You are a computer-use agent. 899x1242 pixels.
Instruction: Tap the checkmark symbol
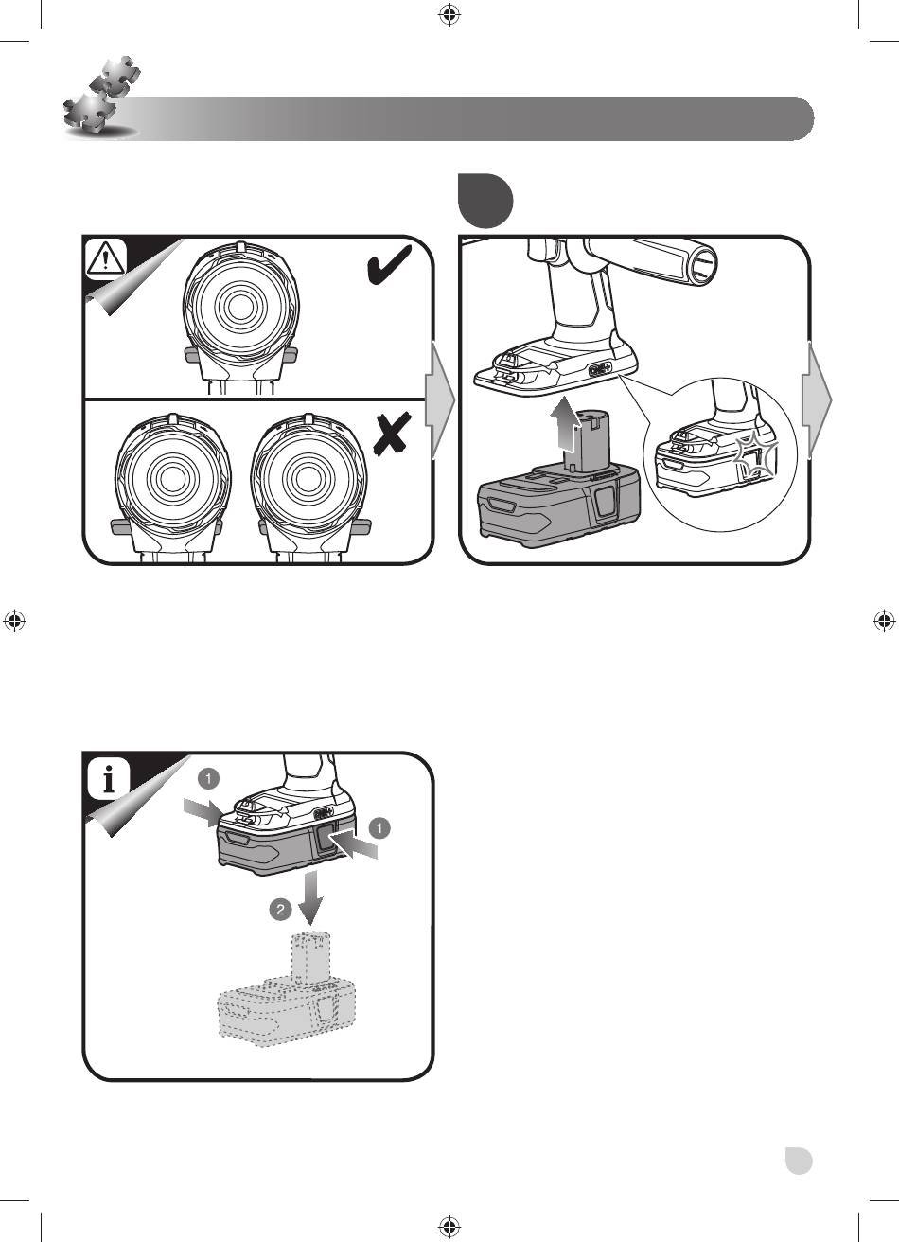pos(389,265)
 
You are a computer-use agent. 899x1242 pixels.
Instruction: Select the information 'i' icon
pos(108,778)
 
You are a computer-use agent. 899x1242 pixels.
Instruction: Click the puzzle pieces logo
pos(101,97)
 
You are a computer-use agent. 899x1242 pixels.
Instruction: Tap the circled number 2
pos(281,910)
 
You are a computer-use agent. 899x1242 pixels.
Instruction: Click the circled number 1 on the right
pos(379,828)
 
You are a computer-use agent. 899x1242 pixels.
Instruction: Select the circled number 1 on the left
pos(208,778)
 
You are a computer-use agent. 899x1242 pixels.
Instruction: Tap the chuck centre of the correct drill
pos(240,305)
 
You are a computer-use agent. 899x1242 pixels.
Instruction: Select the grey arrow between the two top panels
pos(440,399)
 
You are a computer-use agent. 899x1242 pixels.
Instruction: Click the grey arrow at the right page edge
pos(817,399)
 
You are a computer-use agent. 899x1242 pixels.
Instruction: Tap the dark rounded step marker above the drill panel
pos(485,200)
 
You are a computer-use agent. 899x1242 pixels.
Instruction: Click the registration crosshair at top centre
pos(449,14)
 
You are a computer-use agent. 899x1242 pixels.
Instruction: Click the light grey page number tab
pos(799,1161)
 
